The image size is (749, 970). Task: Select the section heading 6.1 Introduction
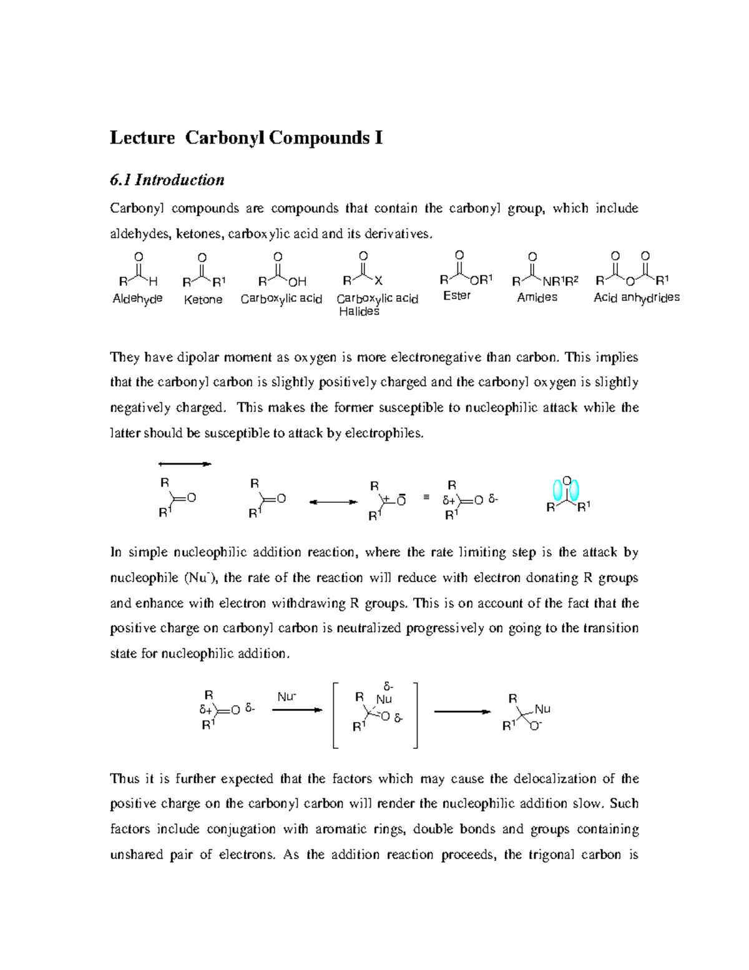pyautogui.click(x=167, y=180)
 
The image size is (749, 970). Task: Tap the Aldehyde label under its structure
pyautogui.click(x=137, y=299)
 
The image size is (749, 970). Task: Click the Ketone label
pyautogui.click(x=203, y=300)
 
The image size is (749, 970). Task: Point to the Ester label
pyautogui.click(x=457, y=295)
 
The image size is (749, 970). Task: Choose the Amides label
pyautogui.click(x=537, y=297)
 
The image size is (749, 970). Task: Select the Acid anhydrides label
pyautogui.click(x=636, y=298)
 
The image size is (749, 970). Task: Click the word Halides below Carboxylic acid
pyautogui.click(x=359, y=311)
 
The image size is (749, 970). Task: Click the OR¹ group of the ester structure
pyautogui.click(x=481, y=279)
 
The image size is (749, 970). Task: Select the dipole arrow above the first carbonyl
pyautogui.click(x=185, y=464)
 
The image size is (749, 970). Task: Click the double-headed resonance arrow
pyautogui.click(x=333, y=502)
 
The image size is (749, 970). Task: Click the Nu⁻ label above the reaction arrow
pyautogui.click(x=286, y=696)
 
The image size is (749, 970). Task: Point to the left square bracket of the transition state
pyautogui.click(x=335, y=715)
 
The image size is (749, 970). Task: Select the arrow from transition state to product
pyautogui.click(x=462, y=711)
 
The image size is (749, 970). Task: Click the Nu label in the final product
pyautogui.click(x=542, y=709)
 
